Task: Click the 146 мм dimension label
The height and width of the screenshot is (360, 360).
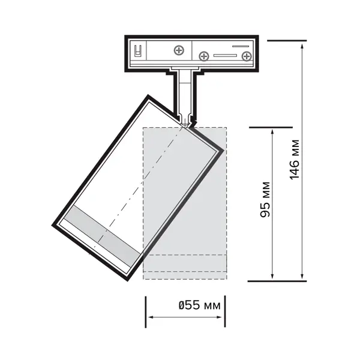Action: (295, 160)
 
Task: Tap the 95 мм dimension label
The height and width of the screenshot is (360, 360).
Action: (265, 199)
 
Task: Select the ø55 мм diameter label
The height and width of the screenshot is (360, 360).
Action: (200, 305)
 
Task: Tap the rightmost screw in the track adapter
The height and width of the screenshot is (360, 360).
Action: (247, 56)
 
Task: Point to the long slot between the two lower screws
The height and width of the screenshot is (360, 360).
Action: (225, 55)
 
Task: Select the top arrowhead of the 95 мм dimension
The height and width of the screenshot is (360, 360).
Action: (272, 132)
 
